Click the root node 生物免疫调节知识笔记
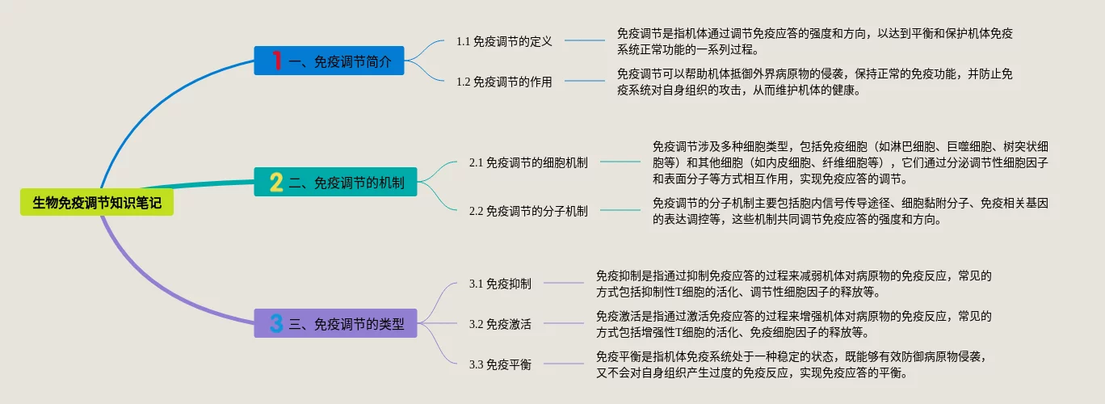(x=97, y=203)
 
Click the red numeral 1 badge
(x=276, y=61)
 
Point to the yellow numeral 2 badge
(x=276, y=183)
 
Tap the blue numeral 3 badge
(x=276, y=324)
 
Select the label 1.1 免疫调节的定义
(x=504, y=41)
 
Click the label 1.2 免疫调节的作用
(x=504, y=82)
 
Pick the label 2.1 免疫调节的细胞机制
(x=528, y=162)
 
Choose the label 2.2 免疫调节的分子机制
(x=528, y=211)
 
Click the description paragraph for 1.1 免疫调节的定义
(x=814, y=41)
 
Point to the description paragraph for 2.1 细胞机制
(x=850, y=162)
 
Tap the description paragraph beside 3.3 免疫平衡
(x=792, y=364)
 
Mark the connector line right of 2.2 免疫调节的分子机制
(x=620, y=211)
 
